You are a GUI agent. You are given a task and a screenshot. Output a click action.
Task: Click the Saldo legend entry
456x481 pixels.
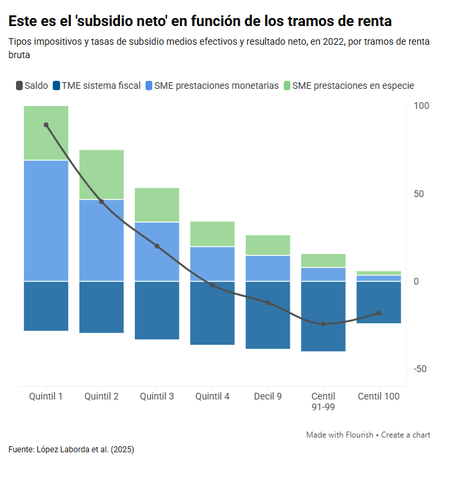(31, 86)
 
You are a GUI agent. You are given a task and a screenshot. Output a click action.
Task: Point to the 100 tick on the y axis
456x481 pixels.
(421, 106)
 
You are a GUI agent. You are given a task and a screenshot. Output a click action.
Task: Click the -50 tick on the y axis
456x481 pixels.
(420, 369)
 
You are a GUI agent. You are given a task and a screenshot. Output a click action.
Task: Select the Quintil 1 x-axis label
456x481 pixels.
(46, 396)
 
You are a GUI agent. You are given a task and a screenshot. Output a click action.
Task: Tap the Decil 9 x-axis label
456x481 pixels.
(268, 396)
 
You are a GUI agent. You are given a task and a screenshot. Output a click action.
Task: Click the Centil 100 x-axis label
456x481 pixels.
(379, 396)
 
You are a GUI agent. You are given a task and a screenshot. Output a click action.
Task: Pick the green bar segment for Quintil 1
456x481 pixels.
(46, 133)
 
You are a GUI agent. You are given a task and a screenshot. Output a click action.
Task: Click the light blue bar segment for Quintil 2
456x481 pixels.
(101, 240)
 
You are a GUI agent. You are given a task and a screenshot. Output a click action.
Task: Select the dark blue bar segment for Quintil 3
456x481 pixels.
(157, 310)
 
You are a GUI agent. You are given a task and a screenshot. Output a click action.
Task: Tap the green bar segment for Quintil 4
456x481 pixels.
(212, 234)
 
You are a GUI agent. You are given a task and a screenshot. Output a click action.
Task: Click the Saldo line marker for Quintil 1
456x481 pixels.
(46, 125)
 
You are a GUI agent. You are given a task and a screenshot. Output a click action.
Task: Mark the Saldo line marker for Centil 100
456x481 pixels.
(379, 313)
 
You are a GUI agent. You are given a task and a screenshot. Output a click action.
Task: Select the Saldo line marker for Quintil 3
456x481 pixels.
(157, 246)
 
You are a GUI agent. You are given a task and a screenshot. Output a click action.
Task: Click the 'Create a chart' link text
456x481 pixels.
(406, 435)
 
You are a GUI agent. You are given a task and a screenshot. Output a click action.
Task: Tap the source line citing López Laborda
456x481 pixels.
(71, 450)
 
